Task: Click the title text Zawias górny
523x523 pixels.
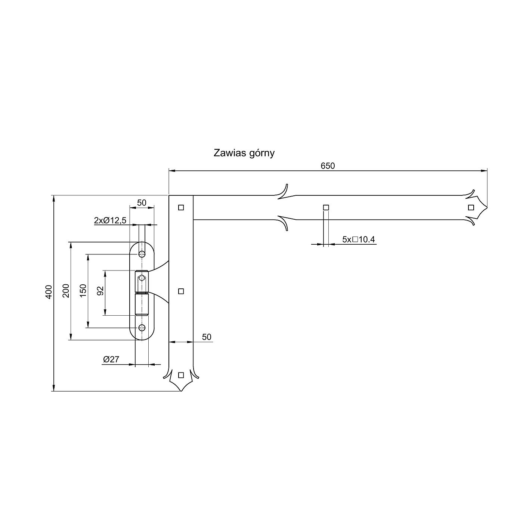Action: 244,153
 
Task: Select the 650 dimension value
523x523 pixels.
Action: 328,166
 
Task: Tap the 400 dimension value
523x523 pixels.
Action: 49,292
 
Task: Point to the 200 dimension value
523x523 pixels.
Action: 66,291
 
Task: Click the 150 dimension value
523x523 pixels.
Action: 83,291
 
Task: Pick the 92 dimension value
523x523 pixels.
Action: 100,291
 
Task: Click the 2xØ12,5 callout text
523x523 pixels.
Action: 110,220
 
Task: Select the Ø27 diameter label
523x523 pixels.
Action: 111,360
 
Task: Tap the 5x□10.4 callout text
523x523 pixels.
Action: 358,239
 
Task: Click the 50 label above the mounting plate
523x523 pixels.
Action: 142,203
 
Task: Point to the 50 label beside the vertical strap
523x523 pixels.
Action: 207,337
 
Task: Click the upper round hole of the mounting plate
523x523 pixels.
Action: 142,254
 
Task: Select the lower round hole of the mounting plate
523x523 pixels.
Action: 142,328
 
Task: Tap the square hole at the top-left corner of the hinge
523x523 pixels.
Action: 181,208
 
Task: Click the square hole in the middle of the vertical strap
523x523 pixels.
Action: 181,291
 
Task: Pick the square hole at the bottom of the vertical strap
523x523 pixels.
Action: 181,375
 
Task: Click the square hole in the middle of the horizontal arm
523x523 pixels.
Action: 326,208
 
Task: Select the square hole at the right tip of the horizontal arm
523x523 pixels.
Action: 471,208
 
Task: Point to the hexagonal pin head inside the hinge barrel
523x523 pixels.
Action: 142,278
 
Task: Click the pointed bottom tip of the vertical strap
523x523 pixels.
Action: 181,391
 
